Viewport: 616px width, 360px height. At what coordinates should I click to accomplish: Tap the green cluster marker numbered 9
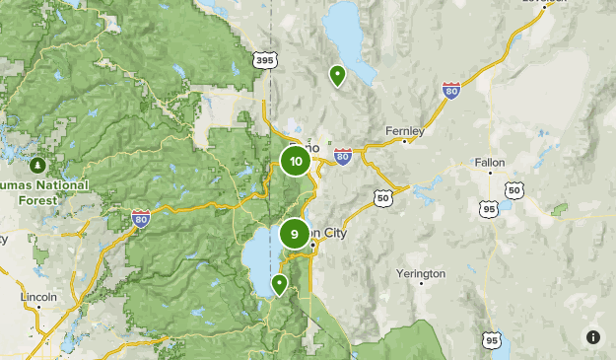(295, 234)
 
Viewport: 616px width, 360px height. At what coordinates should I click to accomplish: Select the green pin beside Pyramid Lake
(337, 75)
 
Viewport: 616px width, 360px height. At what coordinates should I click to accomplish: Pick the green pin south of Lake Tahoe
(280, 285)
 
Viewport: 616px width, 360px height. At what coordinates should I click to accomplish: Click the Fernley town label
(405, 130)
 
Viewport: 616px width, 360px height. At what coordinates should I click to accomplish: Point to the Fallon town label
(490, 161)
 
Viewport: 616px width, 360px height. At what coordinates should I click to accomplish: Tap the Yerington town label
(421, 272)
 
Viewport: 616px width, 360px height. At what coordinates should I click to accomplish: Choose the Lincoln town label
(38, 296)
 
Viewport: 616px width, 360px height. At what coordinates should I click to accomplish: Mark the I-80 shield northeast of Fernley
(451, 92)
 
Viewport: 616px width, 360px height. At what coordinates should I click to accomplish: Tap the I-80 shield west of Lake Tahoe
(141, 217)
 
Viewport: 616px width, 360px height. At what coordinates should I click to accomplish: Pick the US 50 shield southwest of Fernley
(382, 198)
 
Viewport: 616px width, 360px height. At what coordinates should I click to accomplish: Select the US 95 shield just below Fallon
(490, 208)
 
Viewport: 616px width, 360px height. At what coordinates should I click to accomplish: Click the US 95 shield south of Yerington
(491, 340)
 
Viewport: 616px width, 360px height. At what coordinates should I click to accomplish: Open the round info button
(593, 337)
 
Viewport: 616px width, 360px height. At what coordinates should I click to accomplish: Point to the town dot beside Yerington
(421, 284)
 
